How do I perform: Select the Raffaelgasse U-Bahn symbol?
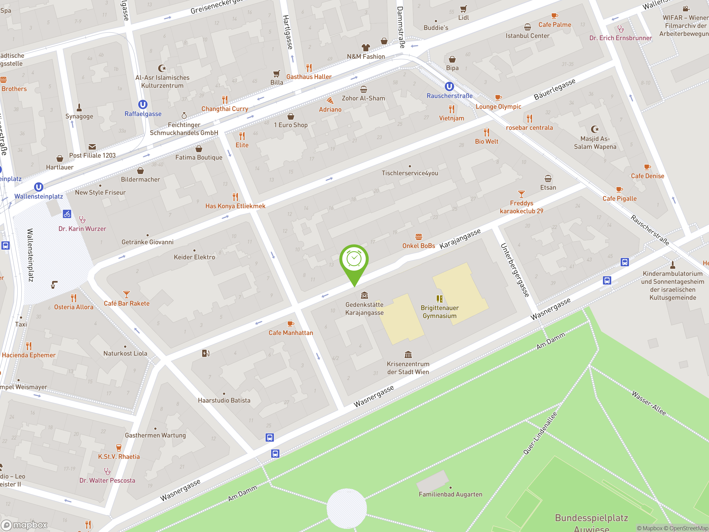(143, 104)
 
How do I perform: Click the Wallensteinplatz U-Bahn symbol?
(38, 187)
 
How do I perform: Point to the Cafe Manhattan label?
(291, 333)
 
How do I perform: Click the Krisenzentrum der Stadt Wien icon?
(408, 355)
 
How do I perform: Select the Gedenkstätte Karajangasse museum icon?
(364, 295)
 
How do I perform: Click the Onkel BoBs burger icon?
(418, 237)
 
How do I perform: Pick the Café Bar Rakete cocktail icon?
(126, 294)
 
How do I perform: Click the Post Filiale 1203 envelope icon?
(92, 147)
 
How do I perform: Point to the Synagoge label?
(79, 116)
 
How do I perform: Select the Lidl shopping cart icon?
(463, 9)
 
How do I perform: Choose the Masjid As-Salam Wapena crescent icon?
(595, 129)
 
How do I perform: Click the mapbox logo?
(25, 525)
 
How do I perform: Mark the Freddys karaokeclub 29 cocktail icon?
(521, 194)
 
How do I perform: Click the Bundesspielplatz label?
(591, 518)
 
